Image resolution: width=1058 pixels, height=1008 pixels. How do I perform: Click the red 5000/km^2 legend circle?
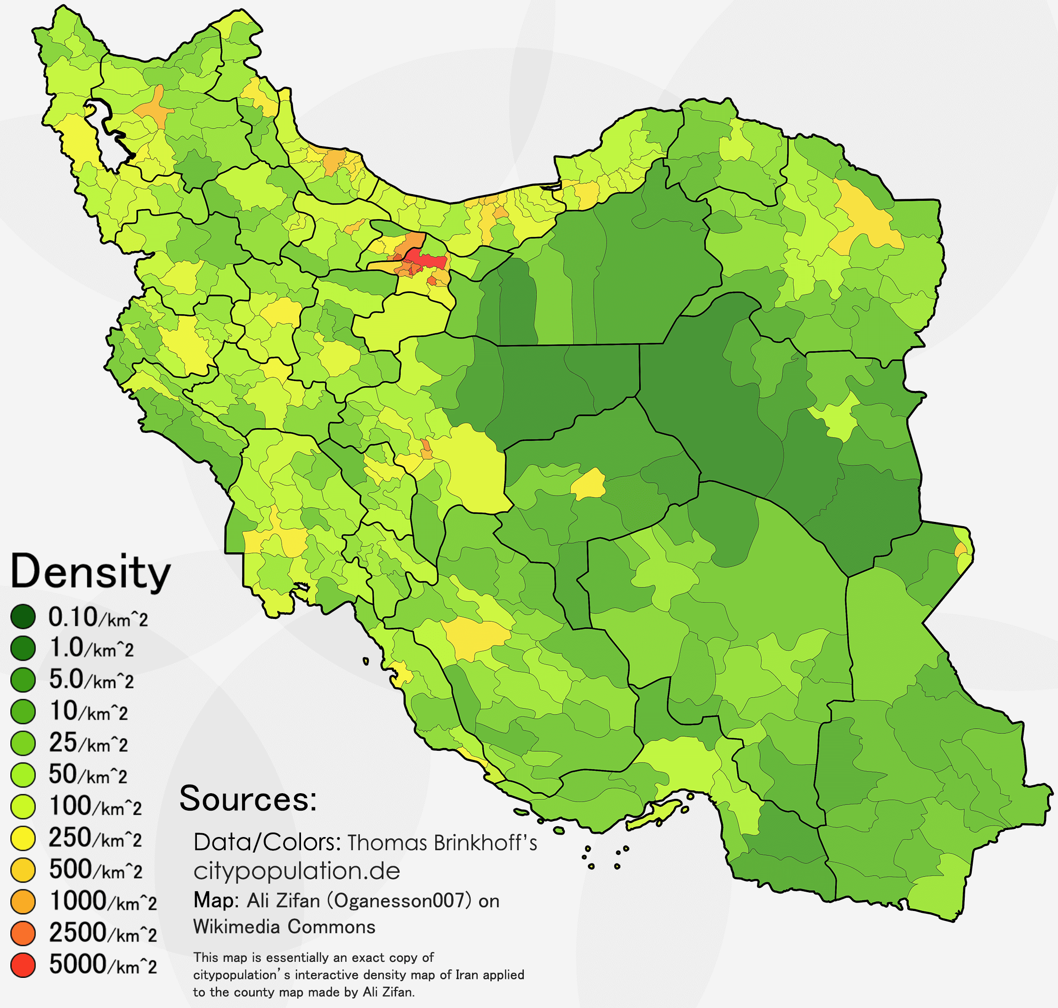[x=23, y=965]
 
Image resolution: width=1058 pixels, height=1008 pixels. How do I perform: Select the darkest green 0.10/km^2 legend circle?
[x=23, y=616]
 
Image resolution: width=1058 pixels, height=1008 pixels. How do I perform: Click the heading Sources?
[x=248, y=799]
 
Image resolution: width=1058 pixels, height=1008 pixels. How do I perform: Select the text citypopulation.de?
[x=297, y=871]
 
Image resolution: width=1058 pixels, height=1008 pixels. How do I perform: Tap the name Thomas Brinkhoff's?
[x=442, y=843]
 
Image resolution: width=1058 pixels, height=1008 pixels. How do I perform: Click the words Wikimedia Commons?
[x=284, y=927]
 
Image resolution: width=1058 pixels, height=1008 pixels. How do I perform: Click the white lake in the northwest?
[x=107, y=137]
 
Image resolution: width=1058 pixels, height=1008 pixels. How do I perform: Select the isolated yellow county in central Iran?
[x=588, y=484]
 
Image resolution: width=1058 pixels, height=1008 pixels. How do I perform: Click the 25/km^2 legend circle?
[x=23, y=743]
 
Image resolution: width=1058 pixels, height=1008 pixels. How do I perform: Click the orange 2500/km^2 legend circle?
[x=23, y=933]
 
